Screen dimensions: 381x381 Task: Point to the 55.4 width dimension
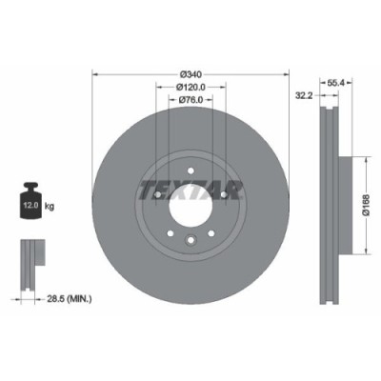pos(335,83)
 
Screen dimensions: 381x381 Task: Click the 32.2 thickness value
pos(305,95)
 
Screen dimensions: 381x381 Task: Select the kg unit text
pos(49,204)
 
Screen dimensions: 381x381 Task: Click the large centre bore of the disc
pos(190,204)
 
